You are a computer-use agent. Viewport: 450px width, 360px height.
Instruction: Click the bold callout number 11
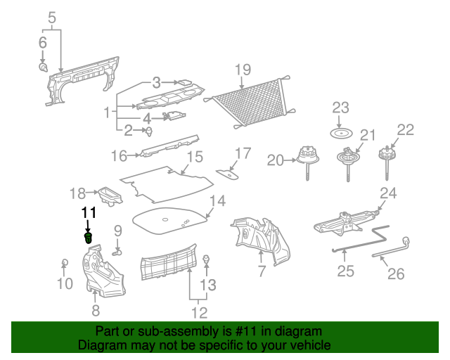click(x=88, y=213)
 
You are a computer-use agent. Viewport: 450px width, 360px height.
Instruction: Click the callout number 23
click(x=340, y=108)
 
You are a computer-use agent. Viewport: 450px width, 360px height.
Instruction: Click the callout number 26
click(x=396, y=274)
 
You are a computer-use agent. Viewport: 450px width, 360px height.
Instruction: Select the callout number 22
click(x=405, y=129)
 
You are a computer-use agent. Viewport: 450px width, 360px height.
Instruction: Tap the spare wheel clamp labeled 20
click(x=307, y=158)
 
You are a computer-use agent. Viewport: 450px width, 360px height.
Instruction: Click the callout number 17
click(x=242, y=153)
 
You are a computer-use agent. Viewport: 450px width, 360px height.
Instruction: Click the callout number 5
click(x=51, y=18)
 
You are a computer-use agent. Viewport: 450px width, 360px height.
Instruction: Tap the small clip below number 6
click(x=42, y=67)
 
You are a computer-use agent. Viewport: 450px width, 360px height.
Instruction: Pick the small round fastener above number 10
click(x=64, y=263)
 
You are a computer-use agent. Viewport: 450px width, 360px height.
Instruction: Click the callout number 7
click(x=261, y=271)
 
